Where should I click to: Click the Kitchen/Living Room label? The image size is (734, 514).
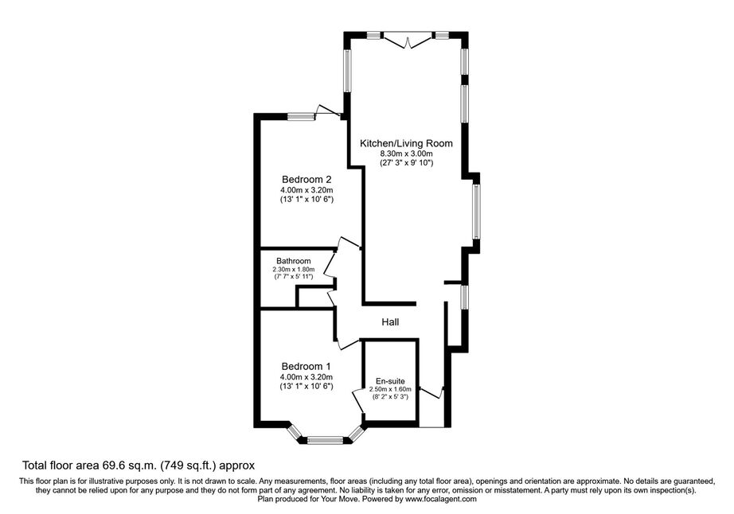406,143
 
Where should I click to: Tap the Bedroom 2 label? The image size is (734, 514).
306,180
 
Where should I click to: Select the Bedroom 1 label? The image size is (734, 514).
306,367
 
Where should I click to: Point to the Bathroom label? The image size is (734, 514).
294,261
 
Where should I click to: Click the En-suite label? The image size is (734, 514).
390,381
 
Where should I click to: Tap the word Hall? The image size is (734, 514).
390,321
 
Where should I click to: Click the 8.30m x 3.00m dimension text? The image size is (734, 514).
406,154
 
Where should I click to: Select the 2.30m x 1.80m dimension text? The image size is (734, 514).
294,270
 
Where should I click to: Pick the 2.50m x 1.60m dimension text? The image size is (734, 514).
390,389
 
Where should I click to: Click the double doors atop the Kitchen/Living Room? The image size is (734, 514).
408,40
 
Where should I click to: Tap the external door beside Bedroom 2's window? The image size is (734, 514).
329,111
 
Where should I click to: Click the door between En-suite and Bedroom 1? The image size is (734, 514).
358,401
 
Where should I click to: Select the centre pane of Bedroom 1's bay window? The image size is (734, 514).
326,440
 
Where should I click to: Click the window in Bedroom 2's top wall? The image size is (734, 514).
301,116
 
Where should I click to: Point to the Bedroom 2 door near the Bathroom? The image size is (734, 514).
349,242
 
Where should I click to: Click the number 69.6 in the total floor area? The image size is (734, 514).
113,465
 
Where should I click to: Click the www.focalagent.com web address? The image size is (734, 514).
441,499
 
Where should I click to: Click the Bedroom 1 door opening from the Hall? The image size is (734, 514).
347,343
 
